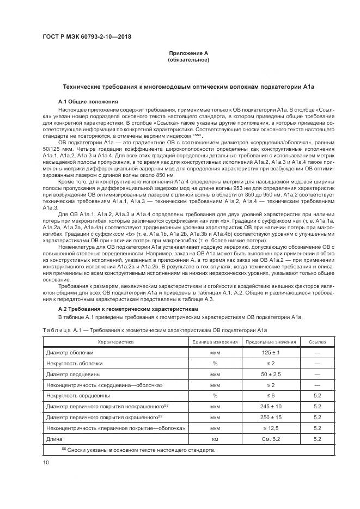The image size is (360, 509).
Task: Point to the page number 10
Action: coord(45,463)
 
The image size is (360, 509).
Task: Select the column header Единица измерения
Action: coord(216,342)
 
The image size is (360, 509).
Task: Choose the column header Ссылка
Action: coord(318,342)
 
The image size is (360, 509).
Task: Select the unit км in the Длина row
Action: coord(216,438)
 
